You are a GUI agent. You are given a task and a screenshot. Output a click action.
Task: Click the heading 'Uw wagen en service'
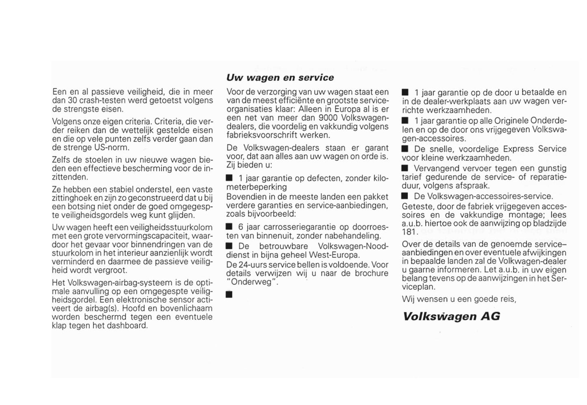point(280,78)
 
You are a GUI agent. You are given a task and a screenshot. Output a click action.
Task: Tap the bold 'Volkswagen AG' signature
point(451,317)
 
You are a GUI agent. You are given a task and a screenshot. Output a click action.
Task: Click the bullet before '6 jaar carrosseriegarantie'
point(229,226)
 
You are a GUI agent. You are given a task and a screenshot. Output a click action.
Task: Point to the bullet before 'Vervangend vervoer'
point(405,168)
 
